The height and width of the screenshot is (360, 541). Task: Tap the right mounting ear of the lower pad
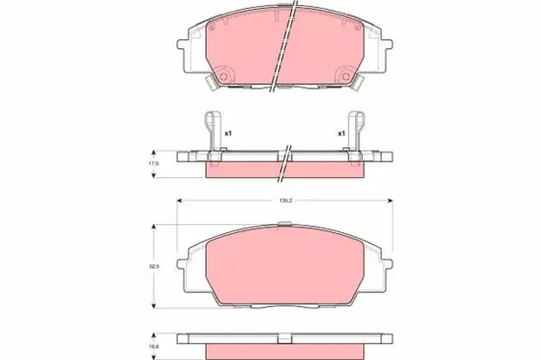coord(386,263)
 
